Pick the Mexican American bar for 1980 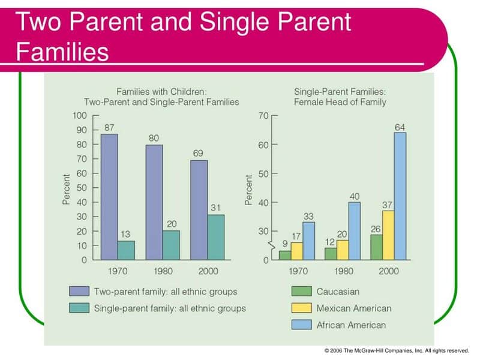(x=342, y=250)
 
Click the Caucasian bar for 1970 (x=285, y=255)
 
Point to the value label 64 (x=400, y=127)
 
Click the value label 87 (x=109, y=128)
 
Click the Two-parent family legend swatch (x=79, y=292)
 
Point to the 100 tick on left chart (x=79, y=115)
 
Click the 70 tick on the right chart (x=263, y=115)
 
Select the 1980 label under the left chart (x=163, y=271)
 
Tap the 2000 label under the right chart (x=388, y=271)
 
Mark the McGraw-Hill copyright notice (x=396, y=350)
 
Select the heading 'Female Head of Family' (x=340, y=102)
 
